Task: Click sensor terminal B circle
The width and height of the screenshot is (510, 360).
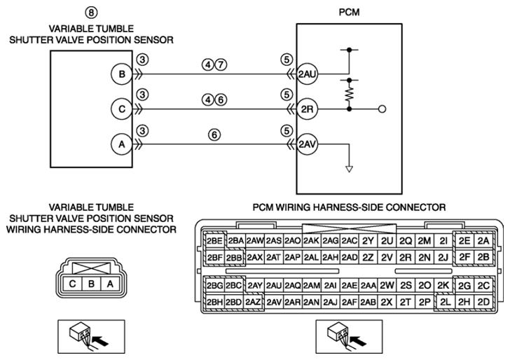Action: coord(122,74)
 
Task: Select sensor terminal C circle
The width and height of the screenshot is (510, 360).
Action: coord(122,109)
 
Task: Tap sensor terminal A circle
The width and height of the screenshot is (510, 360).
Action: coord(122,144)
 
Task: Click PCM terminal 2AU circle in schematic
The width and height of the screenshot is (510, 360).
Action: coord(307,74)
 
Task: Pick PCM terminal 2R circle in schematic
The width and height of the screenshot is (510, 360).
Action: coord(307,109)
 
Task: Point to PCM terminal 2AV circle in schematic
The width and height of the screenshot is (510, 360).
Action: coord(307,144)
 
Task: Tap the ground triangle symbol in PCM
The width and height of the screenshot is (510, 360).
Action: coord(350,169)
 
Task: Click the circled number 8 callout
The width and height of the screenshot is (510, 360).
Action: coord(91,13)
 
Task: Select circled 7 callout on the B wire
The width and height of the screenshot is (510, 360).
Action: coord(221,64)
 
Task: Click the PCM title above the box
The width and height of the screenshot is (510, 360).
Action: coord(349,13)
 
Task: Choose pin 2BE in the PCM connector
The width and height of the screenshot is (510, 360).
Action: coord(214,241)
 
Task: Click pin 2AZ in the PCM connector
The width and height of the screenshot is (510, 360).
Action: coord(253,302)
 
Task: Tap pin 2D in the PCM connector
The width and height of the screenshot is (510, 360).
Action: coord(483,302)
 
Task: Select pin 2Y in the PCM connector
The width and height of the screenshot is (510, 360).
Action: coord(368,241)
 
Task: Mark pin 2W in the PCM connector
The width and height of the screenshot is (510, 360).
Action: coord(387,286)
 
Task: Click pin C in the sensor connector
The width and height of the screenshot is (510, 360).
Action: coord(73,284)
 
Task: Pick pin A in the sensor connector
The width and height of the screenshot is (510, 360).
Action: coord(110,284)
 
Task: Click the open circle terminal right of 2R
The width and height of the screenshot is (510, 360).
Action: coord(382,109)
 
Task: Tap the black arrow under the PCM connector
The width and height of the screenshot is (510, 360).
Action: coord(359,342)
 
